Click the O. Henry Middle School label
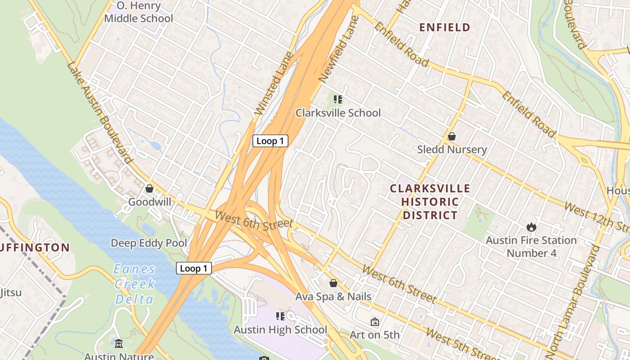138,12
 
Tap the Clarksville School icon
337,99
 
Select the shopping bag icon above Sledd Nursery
452,136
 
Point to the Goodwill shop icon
149,189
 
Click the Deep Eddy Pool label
148,243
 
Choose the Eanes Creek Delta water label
134,284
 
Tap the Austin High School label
280,330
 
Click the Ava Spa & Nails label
333,297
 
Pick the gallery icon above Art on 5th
374,322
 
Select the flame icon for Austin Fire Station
531,227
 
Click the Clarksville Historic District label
430,202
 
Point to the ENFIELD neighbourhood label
445,27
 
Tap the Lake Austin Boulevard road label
100,112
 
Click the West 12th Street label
595,216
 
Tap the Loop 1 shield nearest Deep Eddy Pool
193,269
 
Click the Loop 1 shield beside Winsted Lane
270,141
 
